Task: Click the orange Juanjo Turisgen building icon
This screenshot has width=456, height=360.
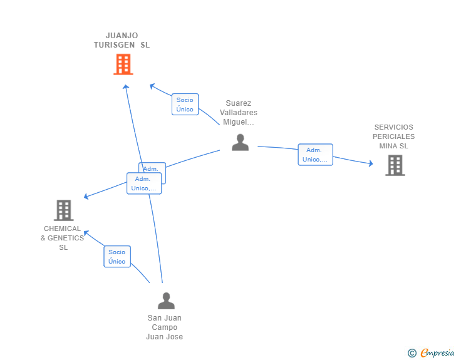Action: pyautogui.click(x=123, y=64)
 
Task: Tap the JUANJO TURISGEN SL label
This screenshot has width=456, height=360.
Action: pyautogui.click(x=122, y=40)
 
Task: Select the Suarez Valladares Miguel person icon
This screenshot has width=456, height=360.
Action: pyautogui.click(x=240, y=143)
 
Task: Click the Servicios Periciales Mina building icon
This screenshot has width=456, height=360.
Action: pyautogui.click(x=395, y=165)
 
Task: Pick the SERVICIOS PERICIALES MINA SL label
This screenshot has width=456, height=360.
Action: pyautogui.click(x=393, y=136)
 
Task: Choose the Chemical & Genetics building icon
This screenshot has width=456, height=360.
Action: pyautogui.click(x=63, y=210)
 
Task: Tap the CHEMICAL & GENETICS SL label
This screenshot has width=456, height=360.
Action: pyautogui.click(x=63, y=238)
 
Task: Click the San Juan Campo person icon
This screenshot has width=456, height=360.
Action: pyautogui.click(x=166, y=301)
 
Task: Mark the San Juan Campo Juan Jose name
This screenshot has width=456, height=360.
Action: pyautogui.click(x=165, y=327)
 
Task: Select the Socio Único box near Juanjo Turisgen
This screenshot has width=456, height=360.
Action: pyautogui.click(x=185, y=105)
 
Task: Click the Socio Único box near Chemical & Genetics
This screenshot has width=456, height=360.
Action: pyautogui.click(x=117, y=257)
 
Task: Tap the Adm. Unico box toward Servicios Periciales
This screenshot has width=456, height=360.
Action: pyautogui.click(x=315, y=155)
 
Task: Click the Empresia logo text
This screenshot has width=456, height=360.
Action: pyautogui.click(x=437, y=353)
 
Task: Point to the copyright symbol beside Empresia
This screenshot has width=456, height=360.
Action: pyautogui.click(x=412, y=353)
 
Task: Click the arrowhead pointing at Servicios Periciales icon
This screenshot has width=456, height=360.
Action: pyautogui.click(x=371, y=164)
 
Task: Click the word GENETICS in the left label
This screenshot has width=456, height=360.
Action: pyautogui.click(x=66, y=238)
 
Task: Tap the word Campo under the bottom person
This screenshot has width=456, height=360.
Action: pyautogui.click(x=165, y=327)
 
